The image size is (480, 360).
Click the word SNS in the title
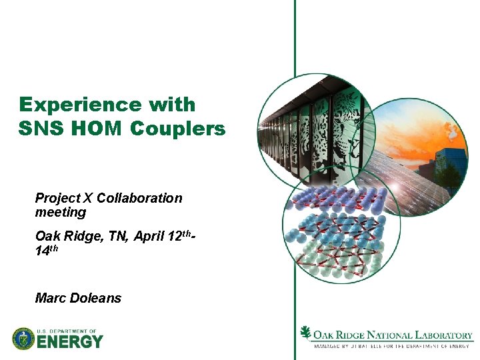coord(41,129)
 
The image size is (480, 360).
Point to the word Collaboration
coord(139,198)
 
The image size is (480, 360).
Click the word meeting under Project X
coord(61,212)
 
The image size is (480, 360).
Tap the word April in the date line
coord(151,236)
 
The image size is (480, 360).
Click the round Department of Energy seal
coord(23,339)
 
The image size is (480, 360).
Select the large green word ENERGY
coord(70,342)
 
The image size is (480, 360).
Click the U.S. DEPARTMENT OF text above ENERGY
coord(67,331)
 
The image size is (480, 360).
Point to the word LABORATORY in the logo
coord(442,335)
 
